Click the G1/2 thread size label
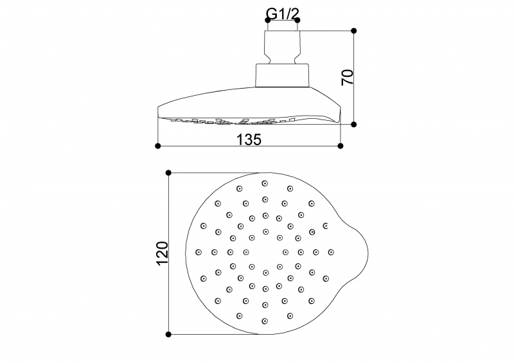click(x=283, y=12)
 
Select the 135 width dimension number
click(x=249, y=137)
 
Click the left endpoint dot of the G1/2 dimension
click(x=268, y=21)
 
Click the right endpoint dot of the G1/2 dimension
click(x=297, y=21)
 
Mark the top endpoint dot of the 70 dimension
click(x=354, y=30)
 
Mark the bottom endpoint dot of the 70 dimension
click(x=354, y=124)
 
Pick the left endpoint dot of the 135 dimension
click(x=158, y=146)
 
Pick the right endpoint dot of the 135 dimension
click(x=341, y=146)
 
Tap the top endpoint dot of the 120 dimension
click(x=168, y=173)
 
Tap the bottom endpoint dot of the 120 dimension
click(x=168, y=334)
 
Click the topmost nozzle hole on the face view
click(x=265, y=183)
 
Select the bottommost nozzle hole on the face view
click(x=265, y=320)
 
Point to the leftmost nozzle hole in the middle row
click(x=198, y=251)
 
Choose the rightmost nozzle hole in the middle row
click(x=331, y=251)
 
